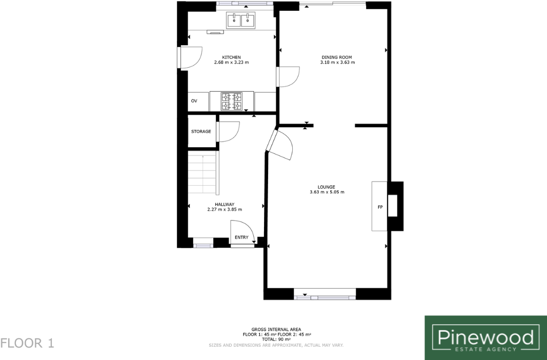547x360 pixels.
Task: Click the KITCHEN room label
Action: tap(231, 57)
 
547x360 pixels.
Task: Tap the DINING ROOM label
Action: tap(337, 57)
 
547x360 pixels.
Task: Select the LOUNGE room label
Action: tap(326, 187)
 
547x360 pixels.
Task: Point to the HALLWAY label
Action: tap(225, 204)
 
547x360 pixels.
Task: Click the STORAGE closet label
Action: tap(201, 132)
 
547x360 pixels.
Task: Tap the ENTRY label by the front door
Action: tap(241, 237)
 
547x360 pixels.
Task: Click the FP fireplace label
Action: tap(380, 207)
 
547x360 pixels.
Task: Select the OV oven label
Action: tap(194, 101)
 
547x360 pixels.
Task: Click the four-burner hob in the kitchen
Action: tap(231, 101)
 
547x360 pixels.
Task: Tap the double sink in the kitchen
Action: tap(241, 20)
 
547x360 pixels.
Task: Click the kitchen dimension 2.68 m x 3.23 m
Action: tap(231, 63)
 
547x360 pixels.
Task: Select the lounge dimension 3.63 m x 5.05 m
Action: tap(327, 192)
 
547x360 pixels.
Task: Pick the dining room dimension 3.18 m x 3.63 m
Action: tap(337, 63)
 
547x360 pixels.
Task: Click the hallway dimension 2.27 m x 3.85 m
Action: tap(225, 209)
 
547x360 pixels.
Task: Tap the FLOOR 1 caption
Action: tap(28, 343)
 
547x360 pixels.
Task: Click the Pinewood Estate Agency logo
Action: tap(485, 337)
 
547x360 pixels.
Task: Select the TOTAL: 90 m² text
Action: tap(276, 339)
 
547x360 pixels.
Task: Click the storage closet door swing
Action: tap(229, 131)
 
